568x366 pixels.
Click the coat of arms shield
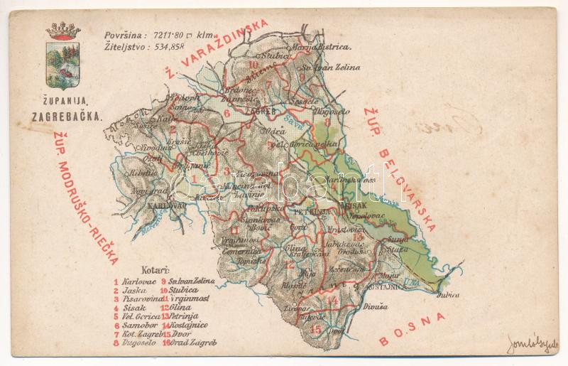coord(63,65)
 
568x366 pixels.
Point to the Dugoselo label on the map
coord(306,112)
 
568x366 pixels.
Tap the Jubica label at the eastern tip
coord(448,294)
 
